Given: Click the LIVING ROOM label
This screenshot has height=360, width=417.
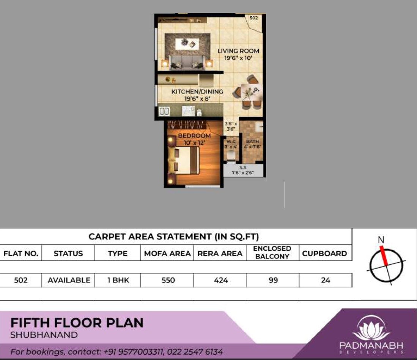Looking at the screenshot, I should pos(238,51).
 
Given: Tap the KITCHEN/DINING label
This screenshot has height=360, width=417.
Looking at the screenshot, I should pos(197,92).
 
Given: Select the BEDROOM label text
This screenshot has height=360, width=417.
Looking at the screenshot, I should pos(194,136).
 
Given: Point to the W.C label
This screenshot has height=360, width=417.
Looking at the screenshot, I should pos(231,142).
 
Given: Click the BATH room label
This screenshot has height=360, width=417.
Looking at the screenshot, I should pos(252,142).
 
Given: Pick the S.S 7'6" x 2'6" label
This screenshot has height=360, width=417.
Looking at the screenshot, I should pos(243,170).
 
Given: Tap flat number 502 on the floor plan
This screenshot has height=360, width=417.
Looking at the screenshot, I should pos(254,17).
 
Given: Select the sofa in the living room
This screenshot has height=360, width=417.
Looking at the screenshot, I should pos(186,62).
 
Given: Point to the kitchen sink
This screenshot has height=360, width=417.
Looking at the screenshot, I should pos(164,111).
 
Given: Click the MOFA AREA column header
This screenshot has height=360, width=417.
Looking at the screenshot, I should pos(167,253).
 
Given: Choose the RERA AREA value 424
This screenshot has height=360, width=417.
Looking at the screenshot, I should pos(220,280).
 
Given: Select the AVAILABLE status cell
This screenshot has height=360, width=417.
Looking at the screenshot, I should pos(69,280).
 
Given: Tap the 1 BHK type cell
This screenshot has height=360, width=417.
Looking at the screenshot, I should pos(118,280).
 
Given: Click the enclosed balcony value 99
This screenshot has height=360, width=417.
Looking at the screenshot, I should pos(272,280).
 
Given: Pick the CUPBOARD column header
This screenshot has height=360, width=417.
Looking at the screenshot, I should pos(324,253).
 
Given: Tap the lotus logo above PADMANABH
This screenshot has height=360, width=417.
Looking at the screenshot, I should pos(371,328).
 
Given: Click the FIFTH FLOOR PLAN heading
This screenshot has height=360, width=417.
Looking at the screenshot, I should pos(77,323).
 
